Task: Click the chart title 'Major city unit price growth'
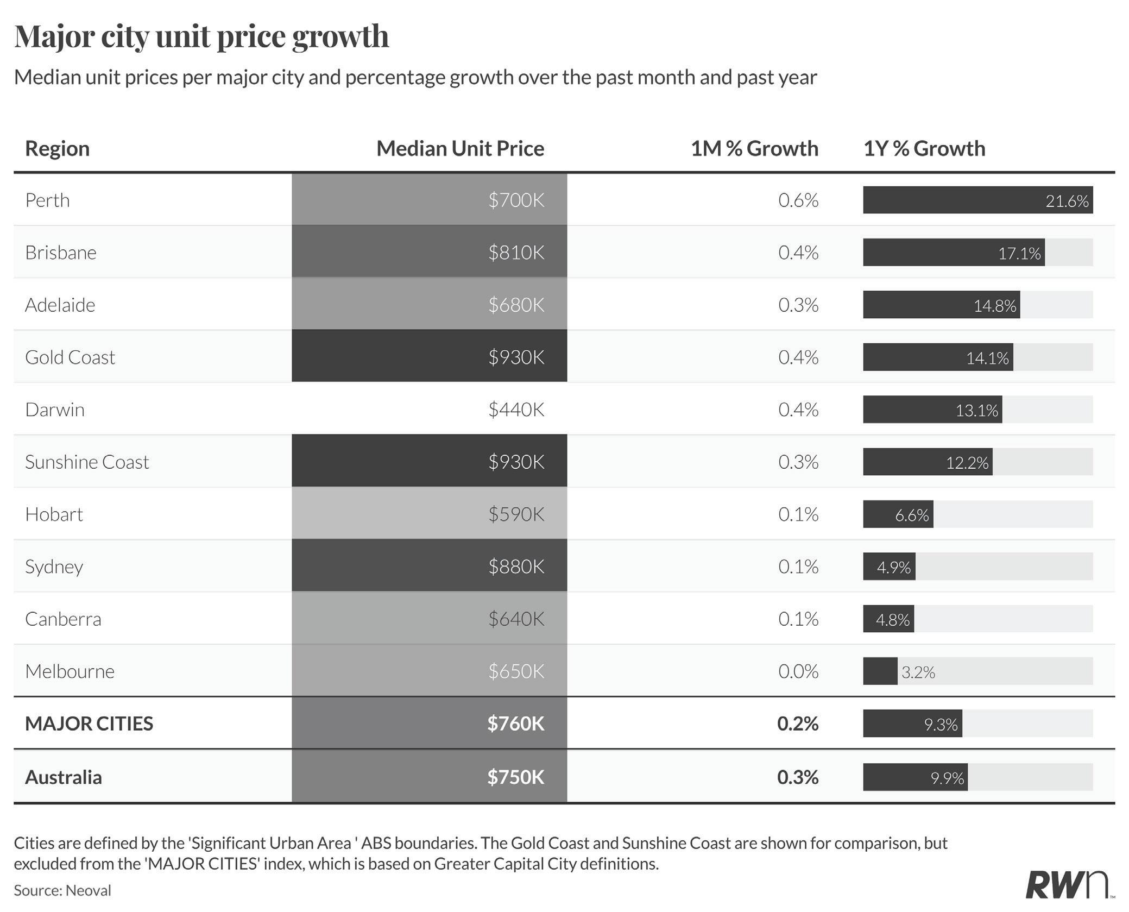pos(201,37)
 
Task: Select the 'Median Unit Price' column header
pos(460,148)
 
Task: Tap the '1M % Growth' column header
pos(754,148)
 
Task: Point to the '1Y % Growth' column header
pos(924,148)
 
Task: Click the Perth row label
pos(48,200)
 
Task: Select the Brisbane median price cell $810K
pos(430,253)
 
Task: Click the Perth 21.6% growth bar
pos(978,200)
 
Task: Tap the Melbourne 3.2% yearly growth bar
pos(880,671)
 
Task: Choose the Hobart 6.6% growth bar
pos(898,514)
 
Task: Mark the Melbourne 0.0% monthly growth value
pos(798,671)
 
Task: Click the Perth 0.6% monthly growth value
pos(798,200)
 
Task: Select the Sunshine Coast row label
pos(87,462)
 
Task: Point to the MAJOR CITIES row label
pos(89,724)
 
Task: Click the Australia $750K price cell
pos(430,776)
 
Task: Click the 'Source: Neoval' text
pos(62,890)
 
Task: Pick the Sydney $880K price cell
pos(430,566)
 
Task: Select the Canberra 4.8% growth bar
pos(889,619)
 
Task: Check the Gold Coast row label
pos(70,357)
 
